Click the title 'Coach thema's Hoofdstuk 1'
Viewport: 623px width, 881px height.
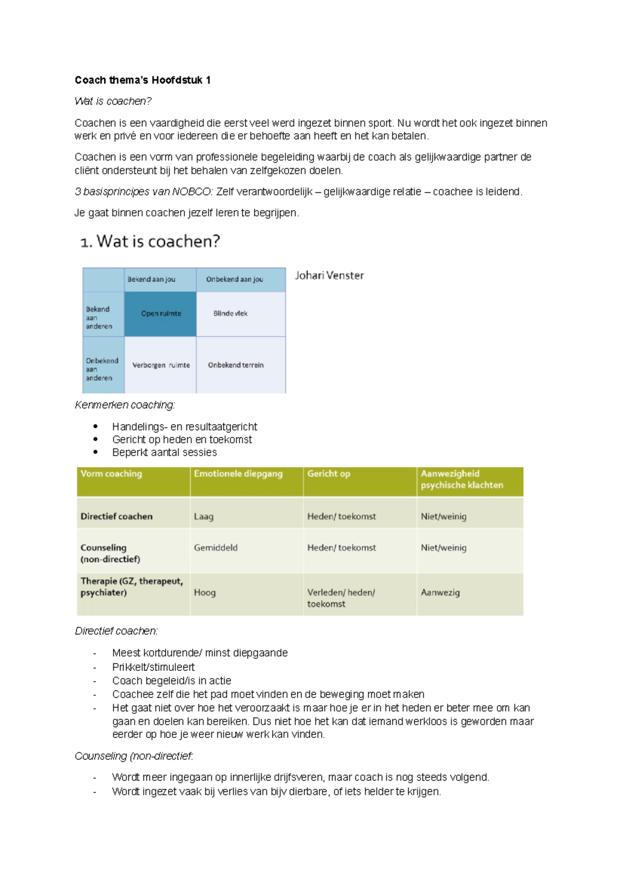(x=142, y=80)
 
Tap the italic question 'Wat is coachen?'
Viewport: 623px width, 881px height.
(x=113, y=101)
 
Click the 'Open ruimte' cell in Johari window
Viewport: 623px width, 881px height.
(x=161, y=313)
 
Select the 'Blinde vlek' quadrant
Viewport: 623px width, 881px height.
(x=231, y=313)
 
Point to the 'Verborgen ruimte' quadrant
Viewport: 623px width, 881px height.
(x=161, y=365)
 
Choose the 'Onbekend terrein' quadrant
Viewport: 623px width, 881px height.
(x=236, y=365)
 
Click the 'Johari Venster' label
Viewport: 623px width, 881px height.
(x=329, y=276)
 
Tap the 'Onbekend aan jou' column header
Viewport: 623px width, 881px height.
(x=234, y=279)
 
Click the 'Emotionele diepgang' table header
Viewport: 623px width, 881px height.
(x=238, y=474)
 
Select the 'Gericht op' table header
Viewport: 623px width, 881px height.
(x=329, y=474)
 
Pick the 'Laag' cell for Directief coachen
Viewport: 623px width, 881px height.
(x=204, y=517)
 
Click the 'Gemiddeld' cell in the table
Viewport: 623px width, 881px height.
(x=215, y=548)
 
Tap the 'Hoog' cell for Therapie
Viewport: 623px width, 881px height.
(x=205, y=593)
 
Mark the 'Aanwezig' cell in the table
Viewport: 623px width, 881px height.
(x=440, y=593)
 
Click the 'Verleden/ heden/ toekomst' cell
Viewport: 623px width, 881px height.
(x=341, y=598)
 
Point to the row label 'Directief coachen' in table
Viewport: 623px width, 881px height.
(x=116, y=517)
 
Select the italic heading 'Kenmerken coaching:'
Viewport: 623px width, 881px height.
(x=125, y=405)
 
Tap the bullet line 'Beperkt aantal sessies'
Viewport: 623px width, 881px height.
(x=164, y=452)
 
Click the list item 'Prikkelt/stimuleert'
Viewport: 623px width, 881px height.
(x=153, y=667)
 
